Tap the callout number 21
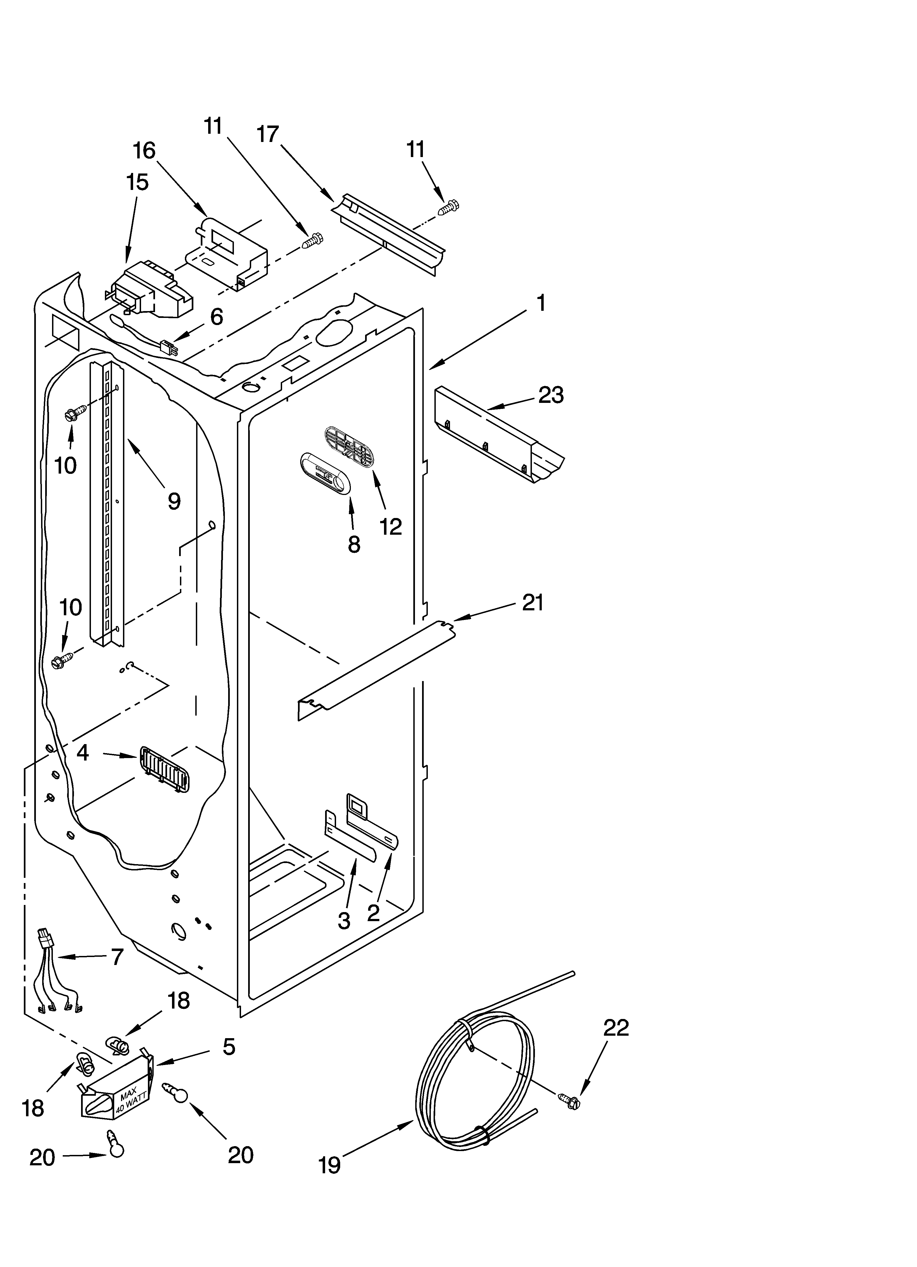click(532, 603)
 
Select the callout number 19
click(329, 1165)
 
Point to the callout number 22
click(616, 1027)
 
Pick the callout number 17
click(268, 134)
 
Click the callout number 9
click(174, 501)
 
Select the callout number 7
click(116, 957)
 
